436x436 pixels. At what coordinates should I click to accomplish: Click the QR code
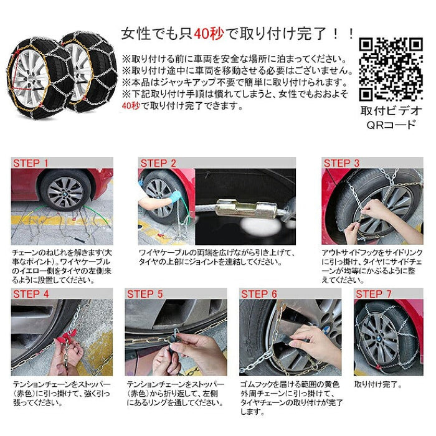[391, 69]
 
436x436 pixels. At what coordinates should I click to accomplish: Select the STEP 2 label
[158, 163]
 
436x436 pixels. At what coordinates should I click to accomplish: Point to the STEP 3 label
[341, 163]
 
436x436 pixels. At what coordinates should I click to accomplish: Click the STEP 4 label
[31, 294]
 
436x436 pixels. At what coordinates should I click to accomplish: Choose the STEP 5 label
[145, 294]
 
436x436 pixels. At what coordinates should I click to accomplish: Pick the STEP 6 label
[259, 294]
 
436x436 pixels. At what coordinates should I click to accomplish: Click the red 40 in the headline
[202, 33]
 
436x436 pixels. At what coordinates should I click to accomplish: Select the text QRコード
[391, 125]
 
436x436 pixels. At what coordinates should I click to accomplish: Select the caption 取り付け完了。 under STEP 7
[377, 385]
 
